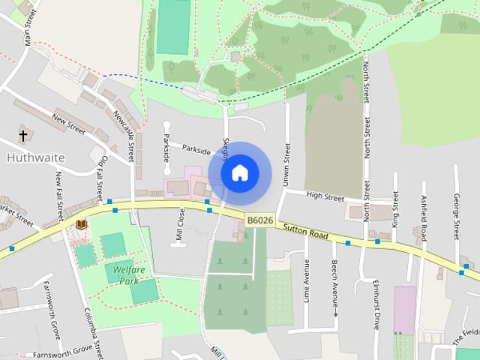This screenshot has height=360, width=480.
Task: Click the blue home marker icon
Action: click(x=239, y=173)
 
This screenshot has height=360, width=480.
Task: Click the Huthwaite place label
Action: click(x=35, y=158)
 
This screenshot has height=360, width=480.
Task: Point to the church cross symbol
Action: click(x=23, y=136)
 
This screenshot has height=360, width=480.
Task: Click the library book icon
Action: click(x=81, y=223)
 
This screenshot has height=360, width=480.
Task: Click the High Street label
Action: click(x=325, y=197)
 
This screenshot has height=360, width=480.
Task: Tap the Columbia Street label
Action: click(x=93, y=331)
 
